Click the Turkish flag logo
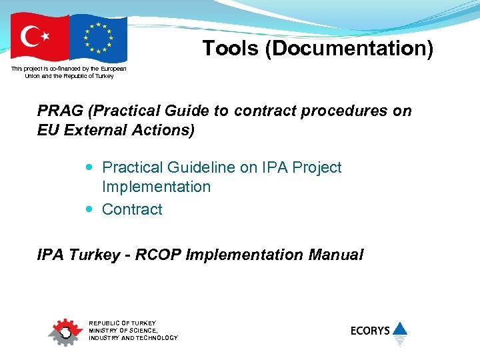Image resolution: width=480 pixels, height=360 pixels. [x=39, y=37]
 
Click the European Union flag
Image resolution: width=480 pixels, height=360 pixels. [x=98, y=37]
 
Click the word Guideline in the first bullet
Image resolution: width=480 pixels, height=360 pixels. [x=201, y=167]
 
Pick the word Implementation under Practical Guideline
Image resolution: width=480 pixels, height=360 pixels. [x=156, y=187]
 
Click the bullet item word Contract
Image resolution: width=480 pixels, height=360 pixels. [x=132, y=209]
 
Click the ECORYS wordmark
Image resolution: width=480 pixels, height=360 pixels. [x=370, y=330]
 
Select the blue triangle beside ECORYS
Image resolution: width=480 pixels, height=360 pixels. [x=399, y=328]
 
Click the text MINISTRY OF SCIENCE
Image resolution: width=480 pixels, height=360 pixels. [x=123, y=331]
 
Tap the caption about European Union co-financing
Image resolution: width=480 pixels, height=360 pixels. [x=69, y=72]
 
